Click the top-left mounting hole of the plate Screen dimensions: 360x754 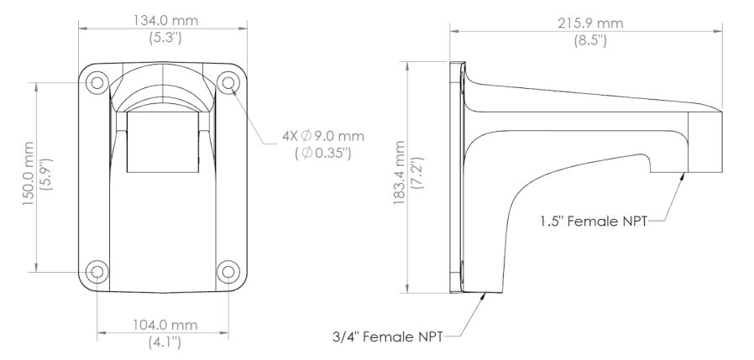(97, 82)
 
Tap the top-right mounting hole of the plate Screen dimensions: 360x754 (227, 82)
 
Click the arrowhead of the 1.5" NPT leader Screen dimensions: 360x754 (681, 177)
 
